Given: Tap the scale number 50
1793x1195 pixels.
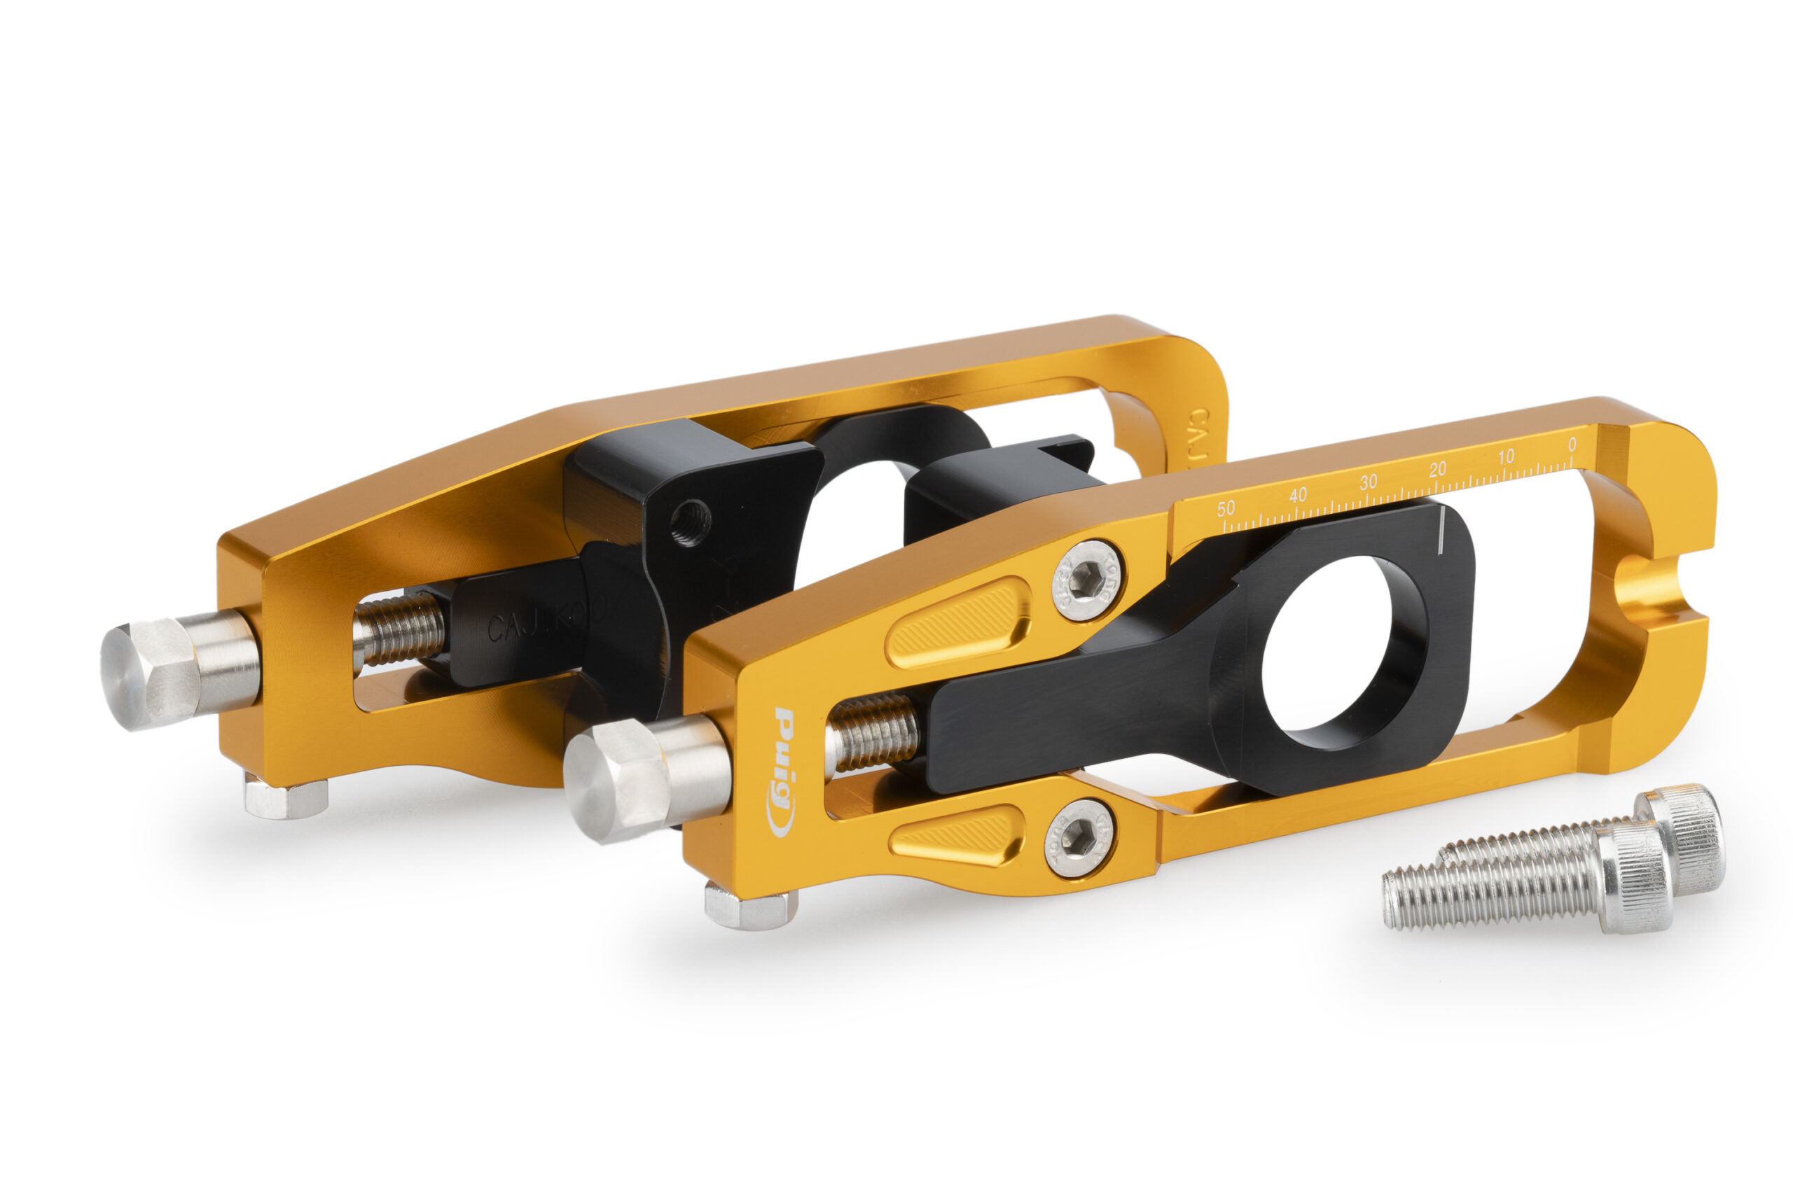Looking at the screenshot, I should click(x=1226, y=508).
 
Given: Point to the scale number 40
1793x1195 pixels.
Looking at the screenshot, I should click(x=1298, y=495).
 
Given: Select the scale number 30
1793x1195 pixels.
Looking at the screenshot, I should click(x=1369, y=482).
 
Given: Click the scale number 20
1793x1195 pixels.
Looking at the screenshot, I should click(x=1438, y=470).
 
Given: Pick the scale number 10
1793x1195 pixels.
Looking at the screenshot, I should click(x=1507, y=456).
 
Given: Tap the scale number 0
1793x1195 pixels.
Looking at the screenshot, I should click(x=1572, y=445).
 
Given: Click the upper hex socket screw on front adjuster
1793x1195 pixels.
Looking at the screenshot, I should click(x=1084, y=581).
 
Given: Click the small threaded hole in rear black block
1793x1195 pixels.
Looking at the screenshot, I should click(x=690, y=523).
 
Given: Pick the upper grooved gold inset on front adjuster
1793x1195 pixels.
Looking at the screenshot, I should click(x=957, y=622).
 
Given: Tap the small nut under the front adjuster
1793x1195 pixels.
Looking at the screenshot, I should click(x=750, y=907).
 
